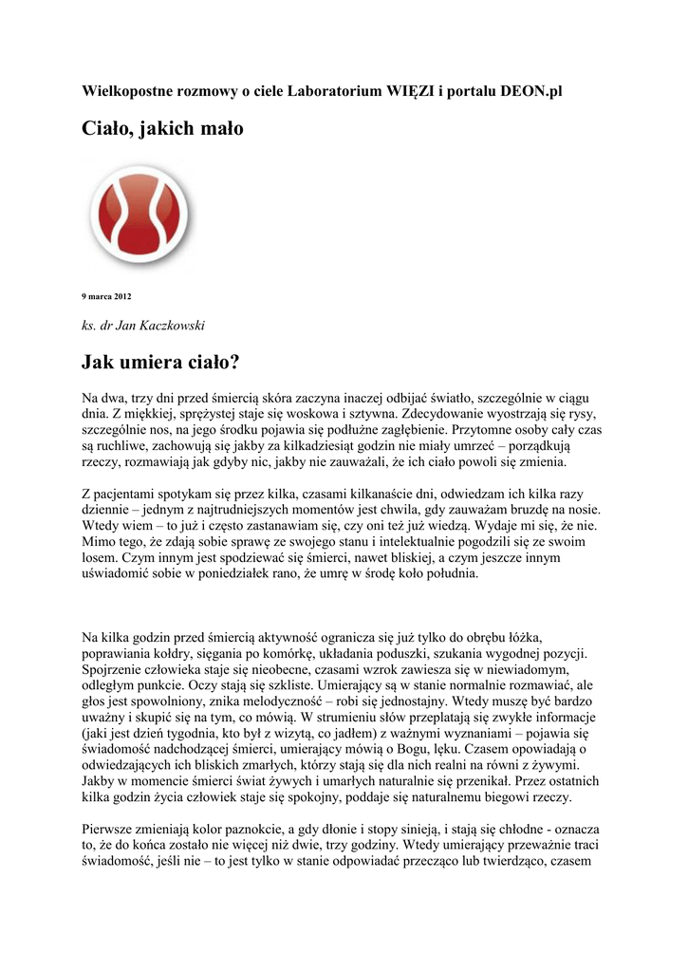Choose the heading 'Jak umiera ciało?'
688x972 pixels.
[160, 362]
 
